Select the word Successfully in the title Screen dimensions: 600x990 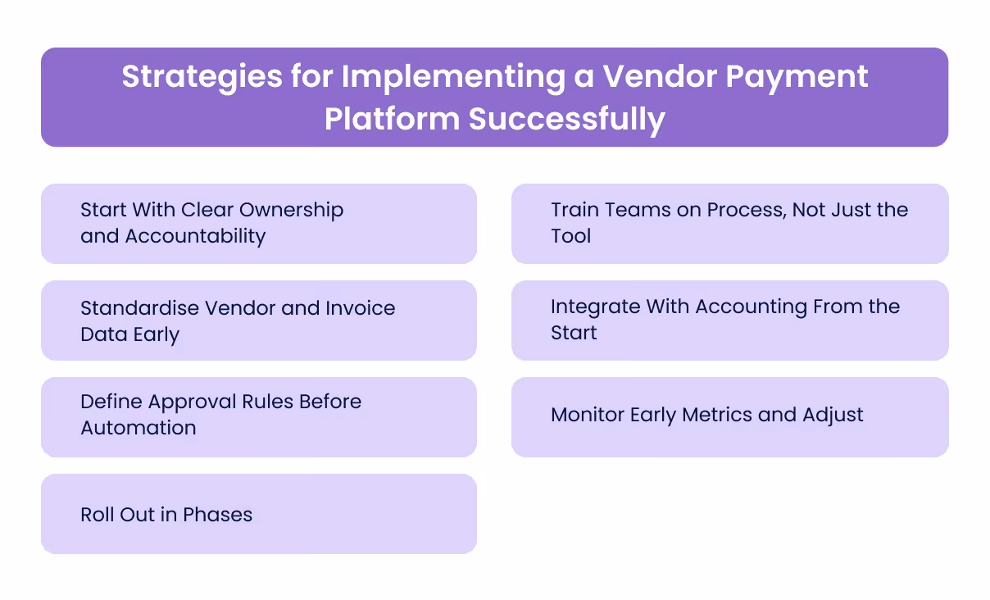tap(566, 119)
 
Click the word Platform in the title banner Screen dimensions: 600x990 tap(392, 119)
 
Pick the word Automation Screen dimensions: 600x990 tap(139, 428)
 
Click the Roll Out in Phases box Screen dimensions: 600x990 tap(258, 514)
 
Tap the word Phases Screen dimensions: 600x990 tap(217, 515)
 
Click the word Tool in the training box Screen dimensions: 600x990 tap(571, 236)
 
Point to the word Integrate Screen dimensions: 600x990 tap(596, 307)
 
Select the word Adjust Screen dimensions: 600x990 tap(833, 415)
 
